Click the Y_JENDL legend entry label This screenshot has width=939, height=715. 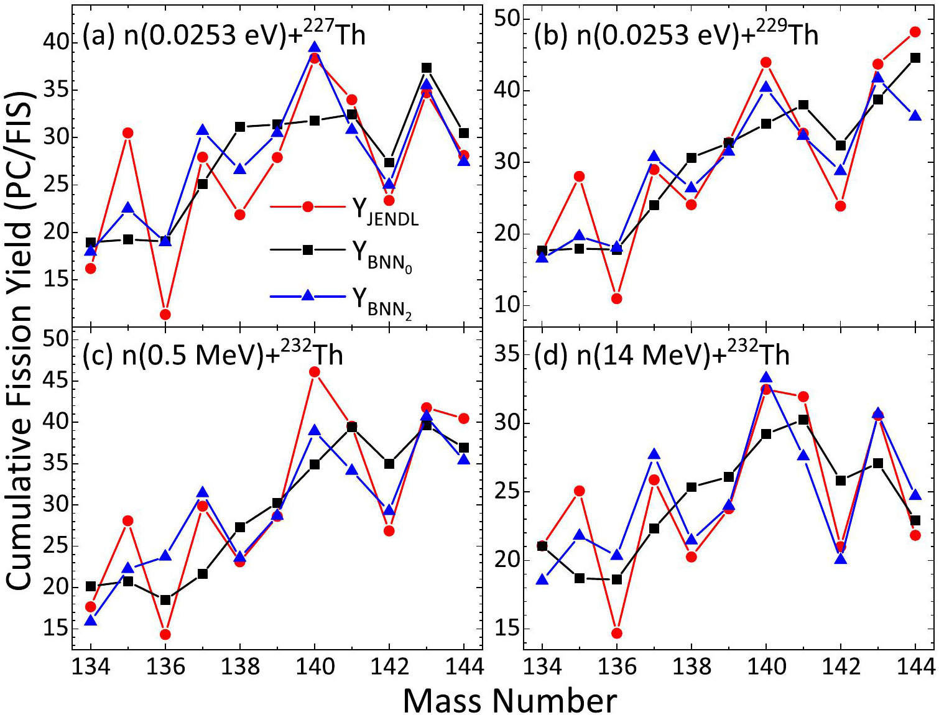point(385,210)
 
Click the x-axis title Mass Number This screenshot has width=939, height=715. point(509,701)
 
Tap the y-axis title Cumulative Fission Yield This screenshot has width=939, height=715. point(19,341)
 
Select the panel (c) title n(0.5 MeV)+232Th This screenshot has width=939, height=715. point(213,355)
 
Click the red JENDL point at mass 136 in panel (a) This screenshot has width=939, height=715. point(165,315)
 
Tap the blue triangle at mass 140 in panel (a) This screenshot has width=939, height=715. point(315,47)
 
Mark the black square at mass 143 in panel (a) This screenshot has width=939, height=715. point(427,68)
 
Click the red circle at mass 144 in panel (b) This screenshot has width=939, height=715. point(915,32)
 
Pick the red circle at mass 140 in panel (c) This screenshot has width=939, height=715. point(315,372)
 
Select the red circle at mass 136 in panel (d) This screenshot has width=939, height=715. point(617,634)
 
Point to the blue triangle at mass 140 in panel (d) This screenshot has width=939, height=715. point(766,377)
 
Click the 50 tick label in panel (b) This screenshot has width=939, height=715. point(507,19)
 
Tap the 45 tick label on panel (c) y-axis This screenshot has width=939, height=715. point(56,381)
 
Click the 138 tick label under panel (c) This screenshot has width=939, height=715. point(240,667)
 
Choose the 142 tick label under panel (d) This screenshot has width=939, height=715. point(841,667)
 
